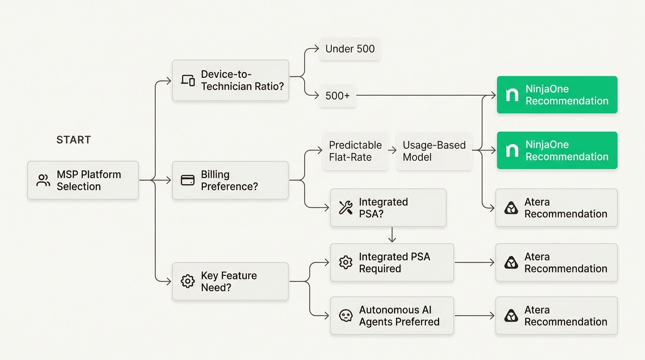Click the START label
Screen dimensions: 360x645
tap(74, 140)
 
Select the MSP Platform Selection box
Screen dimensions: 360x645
tap(83, 180)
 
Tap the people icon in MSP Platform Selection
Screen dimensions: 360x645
tap(43, 180)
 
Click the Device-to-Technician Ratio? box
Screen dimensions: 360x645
tap(230, 80)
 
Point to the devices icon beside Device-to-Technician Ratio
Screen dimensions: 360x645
tap(188, 80)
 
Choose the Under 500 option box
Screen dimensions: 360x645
tap(350, 49)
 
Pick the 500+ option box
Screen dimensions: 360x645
tap(337, 96)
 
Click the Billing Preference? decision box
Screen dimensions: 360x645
tap(230, 180)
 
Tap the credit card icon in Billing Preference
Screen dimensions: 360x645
tap(188, 180)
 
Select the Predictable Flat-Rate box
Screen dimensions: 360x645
tap(355, 151)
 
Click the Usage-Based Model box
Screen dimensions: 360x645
tap(434, 151)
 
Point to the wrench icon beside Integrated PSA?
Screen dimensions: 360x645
tap(346, 208)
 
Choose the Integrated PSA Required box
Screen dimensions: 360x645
tap(392, 262)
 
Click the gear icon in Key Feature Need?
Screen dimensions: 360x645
tap(188, 281)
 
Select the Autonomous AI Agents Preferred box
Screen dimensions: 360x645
tap(392, 315)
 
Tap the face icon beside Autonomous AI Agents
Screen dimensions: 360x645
tap(346, 315)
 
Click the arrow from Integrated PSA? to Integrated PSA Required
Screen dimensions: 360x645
tap(392, 235)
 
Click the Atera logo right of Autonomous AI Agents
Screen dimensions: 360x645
tap(511, 315)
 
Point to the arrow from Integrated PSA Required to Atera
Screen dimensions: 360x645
tap(474, 262)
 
